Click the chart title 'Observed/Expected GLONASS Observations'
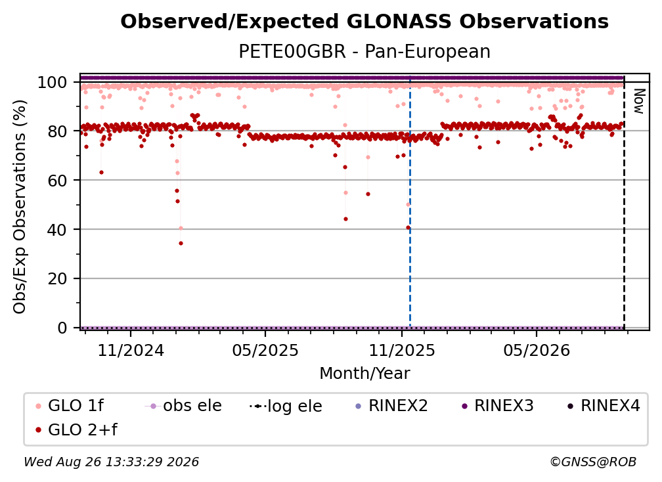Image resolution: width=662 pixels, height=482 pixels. click(364, 22)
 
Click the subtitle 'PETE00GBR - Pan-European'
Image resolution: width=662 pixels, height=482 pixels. click(364, 51)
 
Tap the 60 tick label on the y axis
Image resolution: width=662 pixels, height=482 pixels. click(57, 181)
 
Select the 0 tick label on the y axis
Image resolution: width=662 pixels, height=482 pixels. click(62, 328)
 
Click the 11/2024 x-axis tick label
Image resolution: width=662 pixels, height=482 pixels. click(131, 350)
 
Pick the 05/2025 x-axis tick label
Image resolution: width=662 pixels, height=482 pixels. click(265, 350)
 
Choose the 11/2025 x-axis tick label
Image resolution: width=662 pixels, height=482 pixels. click(402, 350)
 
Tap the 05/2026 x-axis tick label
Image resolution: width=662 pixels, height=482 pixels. click(537, 350)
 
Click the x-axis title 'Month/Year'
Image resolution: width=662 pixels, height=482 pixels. click(364, 374)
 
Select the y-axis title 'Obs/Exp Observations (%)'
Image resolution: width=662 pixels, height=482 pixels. click(20, 207)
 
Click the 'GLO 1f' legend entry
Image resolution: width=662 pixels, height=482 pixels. click(70, 406)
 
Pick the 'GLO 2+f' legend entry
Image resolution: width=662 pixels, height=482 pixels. click(76, 429)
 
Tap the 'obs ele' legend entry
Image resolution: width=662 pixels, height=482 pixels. click(183, 406)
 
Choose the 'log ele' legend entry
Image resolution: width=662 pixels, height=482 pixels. click(286, 406)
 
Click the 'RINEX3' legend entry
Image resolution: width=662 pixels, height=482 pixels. click(498, 406)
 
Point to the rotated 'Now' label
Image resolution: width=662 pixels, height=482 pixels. click(639, 101)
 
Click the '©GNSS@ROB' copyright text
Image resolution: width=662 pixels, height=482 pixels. click(593, 462)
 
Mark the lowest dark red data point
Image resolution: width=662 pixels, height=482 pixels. click(181, 243)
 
